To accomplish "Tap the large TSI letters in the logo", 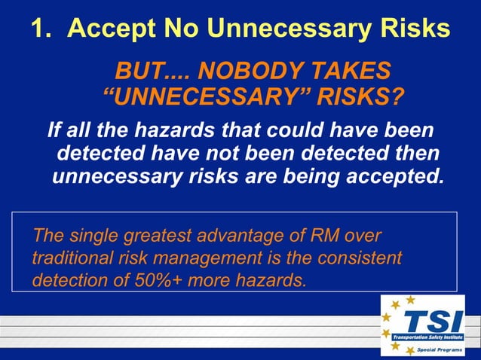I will (x=427, y=322).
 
